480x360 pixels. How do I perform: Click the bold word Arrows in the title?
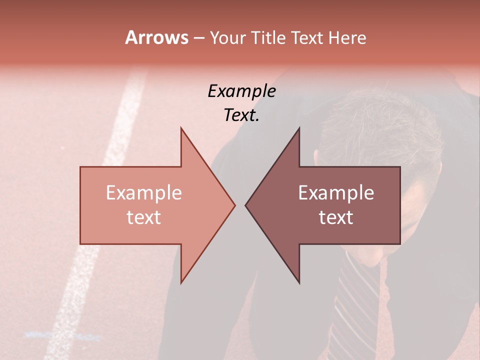[156, 37]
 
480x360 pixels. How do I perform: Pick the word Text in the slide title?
[307, 38]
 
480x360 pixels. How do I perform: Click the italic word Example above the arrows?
[241, 91]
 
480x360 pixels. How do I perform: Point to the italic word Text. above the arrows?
[241, 115]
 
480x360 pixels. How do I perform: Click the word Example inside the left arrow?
[144, 193]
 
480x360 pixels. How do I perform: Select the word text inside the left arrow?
[144, 217]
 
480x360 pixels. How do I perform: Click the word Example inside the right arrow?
[336, 193]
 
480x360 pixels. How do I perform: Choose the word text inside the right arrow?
[336, 217]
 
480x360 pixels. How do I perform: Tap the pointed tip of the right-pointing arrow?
[234, 205]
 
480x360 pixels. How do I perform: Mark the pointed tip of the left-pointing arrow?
[246, 205]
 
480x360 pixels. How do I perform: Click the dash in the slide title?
[198, 38]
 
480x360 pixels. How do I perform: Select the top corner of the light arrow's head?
[181, 128]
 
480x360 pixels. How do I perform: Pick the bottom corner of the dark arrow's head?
[299, 283]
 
